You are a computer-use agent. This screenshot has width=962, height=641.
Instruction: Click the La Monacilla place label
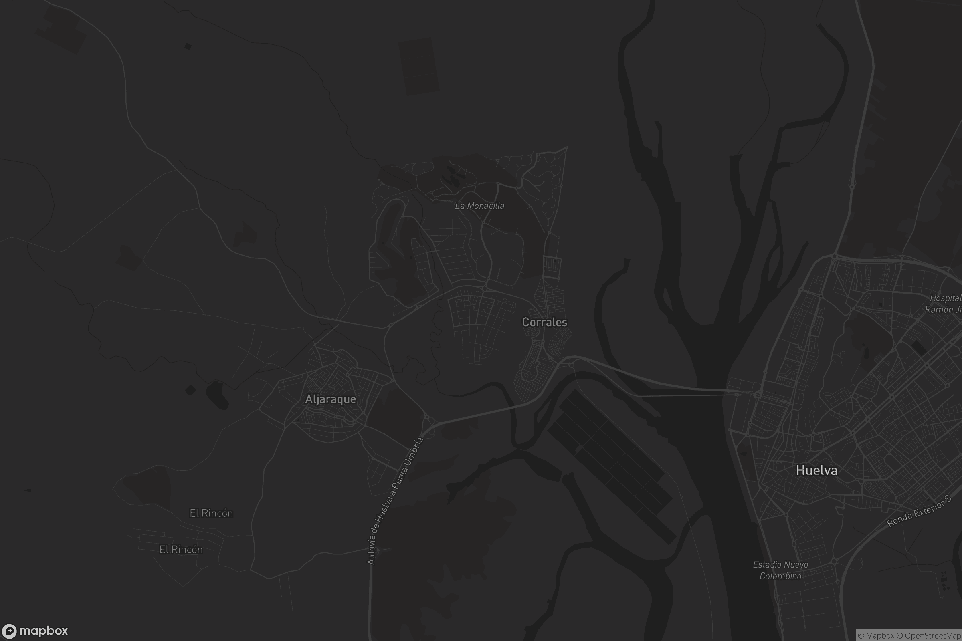[479, 206]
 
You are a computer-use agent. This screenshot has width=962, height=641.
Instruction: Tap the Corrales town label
[544, 322]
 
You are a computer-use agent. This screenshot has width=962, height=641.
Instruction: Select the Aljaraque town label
[330, 399]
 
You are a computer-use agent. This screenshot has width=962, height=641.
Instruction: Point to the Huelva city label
[816, 470]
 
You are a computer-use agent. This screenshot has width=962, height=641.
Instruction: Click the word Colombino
[780, 576]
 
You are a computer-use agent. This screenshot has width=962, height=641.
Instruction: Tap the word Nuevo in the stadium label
[797, 564]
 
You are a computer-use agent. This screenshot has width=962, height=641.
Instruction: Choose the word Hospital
[946, 298]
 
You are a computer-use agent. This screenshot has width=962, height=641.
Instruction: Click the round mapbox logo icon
[9, 631]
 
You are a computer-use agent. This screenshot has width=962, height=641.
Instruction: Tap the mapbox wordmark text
[43, 631]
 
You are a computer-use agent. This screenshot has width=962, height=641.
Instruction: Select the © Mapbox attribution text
[876, 636]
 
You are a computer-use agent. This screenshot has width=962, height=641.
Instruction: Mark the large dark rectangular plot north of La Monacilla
[418, 66]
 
